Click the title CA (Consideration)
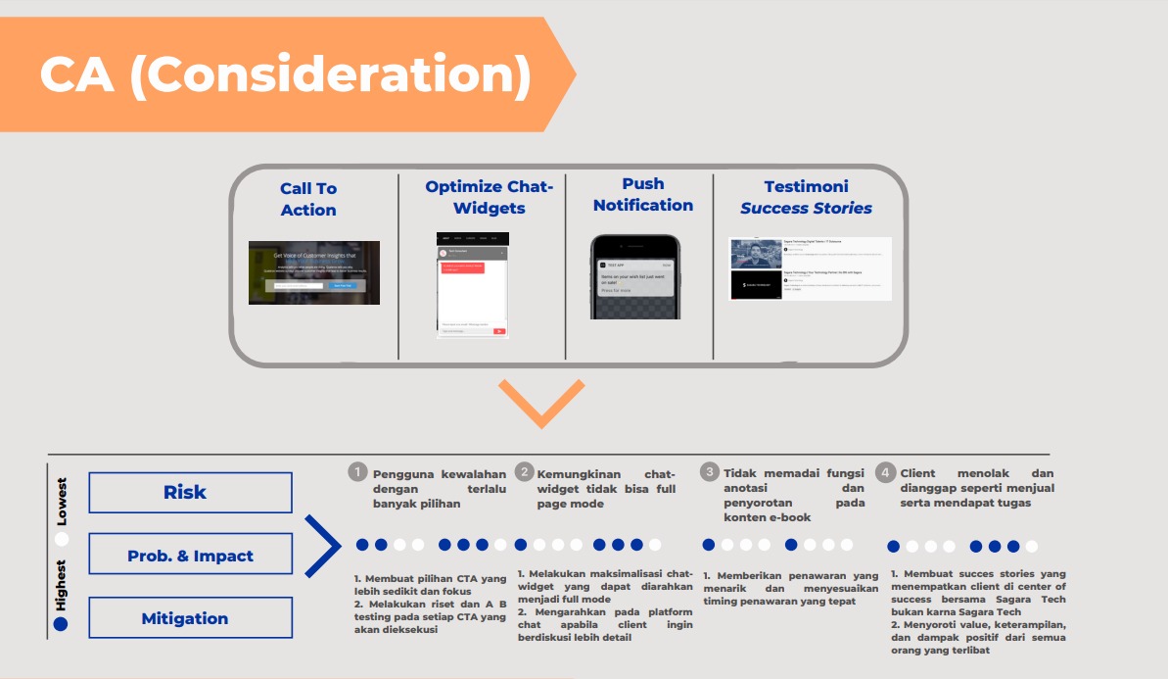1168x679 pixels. pos(285,75)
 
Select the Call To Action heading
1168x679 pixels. pos(308,199)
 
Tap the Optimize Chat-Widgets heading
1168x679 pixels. pos(489,197)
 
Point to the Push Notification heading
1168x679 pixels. pos(642,194)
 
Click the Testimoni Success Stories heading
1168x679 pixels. pos(806,197)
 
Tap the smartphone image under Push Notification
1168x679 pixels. pos(634,276)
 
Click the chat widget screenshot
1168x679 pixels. pos(473,284)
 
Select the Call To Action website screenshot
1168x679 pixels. pos(314,272)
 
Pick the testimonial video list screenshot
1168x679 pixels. pos(811,268)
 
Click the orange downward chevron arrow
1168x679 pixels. pos(540,402)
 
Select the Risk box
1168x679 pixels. pos(190,492)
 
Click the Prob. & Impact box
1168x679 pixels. pos(190,555)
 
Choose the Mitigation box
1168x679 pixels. pos(190,618)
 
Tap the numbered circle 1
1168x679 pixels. pos(358,472)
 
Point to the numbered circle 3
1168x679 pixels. pos(710,472)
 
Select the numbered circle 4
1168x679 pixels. pos(885,472)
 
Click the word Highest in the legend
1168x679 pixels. pos(62,586)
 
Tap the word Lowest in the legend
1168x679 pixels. pos(62,502)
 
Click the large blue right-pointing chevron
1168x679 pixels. pos(321,546)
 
